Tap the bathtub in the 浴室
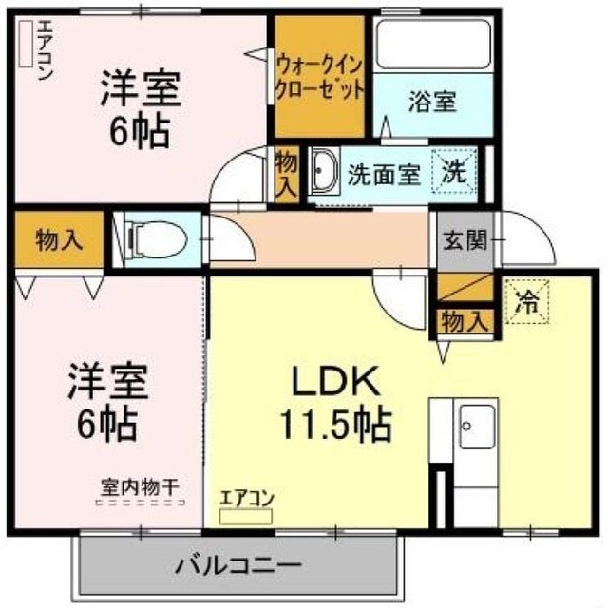pyautogui.click(x=433, y=45)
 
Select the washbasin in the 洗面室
pyautogui.click(x=325, y=171)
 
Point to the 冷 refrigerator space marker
pyautogui.click(x=527, y=300)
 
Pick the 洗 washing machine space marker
pyautogui.click(x=455, y=171)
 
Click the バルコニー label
pyautogui.click(x=238, y=565)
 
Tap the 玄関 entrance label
pyautogui.click(x=465, y=240)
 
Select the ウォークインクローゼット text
pyautogui.click(x=319, y=78)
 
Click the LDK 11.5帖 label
pyautogui.click(x=335, y=403)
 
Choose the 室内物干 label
pyautogui.click(x=140, y=486)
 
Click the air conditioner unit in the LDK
pyautogui.click(x=246, y=517)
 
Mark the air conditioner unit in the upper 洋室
pyautogui.click(x=26, y=44)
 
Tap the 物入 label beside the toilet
pyautogui.click(x=59, y=240)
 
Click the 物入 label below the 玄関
pyautogui.click(x=465, y=321)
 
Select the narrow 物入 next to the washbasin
pyautogui.click(x=287, y=175)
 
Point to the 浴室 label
pyautogui.click(x=433, y=102)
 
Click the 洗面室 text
pyautogui.click(x=384, y=175)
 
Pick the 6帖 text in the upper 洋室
pyautogui.click(x=141, y=130)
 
